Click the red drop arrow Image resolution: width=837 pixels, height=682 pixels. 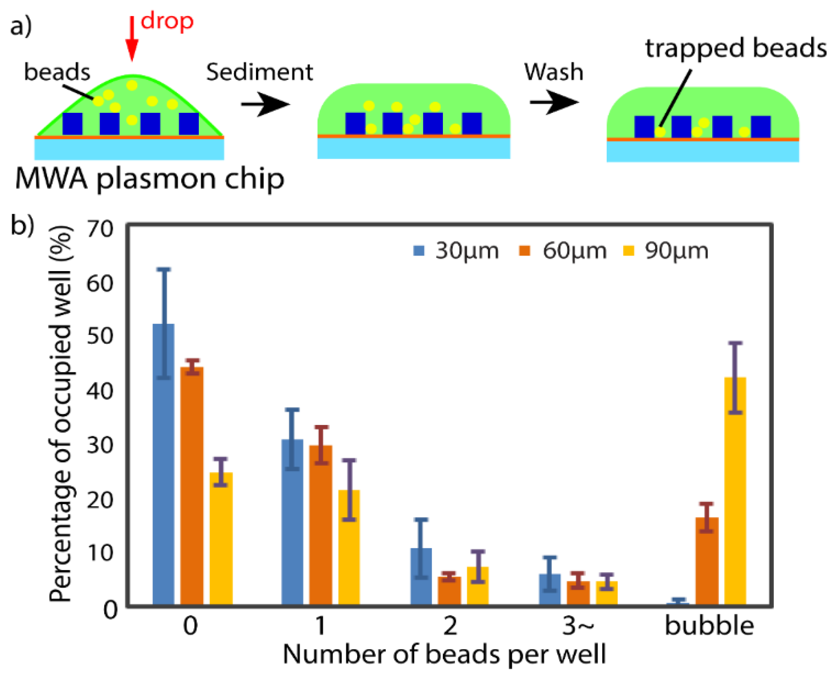[x=132, y=38]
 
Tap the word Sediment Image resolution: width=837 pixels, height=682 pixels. [x=259, y=72]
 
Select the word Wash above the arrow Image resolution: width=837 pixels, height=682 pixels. [x=553, y=72]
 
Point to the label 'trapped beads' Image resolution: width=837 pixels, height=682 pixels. [x=736, y=48]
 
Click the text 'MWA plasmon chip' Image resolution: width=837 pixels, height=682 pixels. [x=150, y=178]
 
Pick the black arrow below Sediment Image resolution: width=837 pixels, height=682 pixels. [x=265, y=104]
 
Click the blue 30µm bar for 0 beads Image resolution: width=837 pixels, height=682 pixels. [x=163, y=463]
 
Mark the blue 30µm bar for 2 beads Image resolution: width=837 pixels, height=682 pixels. [x=421, y=576]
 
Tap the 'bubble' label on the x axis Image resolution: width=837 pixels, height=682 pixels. [x=709, y=626]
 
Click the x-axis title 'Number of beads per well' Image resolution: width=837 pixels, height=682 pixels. [x=444, y=654]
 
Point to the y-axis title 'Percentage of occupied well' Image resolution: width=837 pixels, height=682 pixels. [x=60, y=415]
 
